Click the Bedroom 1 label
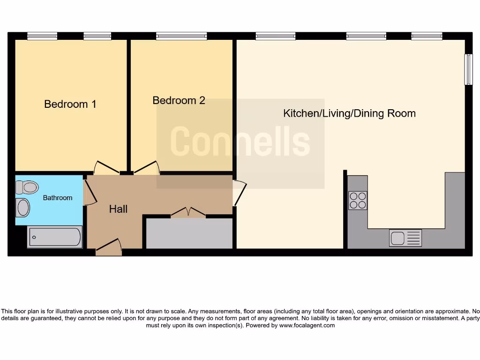[70, 104]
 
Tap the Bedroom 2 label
[179, 100]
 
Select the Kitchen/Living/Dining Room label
[349, 113]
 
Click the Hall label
[118, 209]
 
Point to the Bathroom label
[58, 198]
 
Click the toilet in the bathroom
[26, 188]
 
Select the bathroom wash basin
[22, 207]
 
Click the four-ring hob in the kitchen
[358, 200]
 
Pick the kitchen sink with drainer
[405, 238]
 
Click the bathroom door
[89, 192]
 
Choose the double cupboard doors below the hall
[188, 213]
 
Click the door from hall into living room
[240, 193]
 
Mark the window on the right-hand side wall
[468, 69]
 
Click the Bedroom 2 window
[181, 36]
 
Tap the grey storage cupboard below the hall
[189, 233]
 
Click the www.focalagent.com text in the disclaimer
[307, 325]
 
